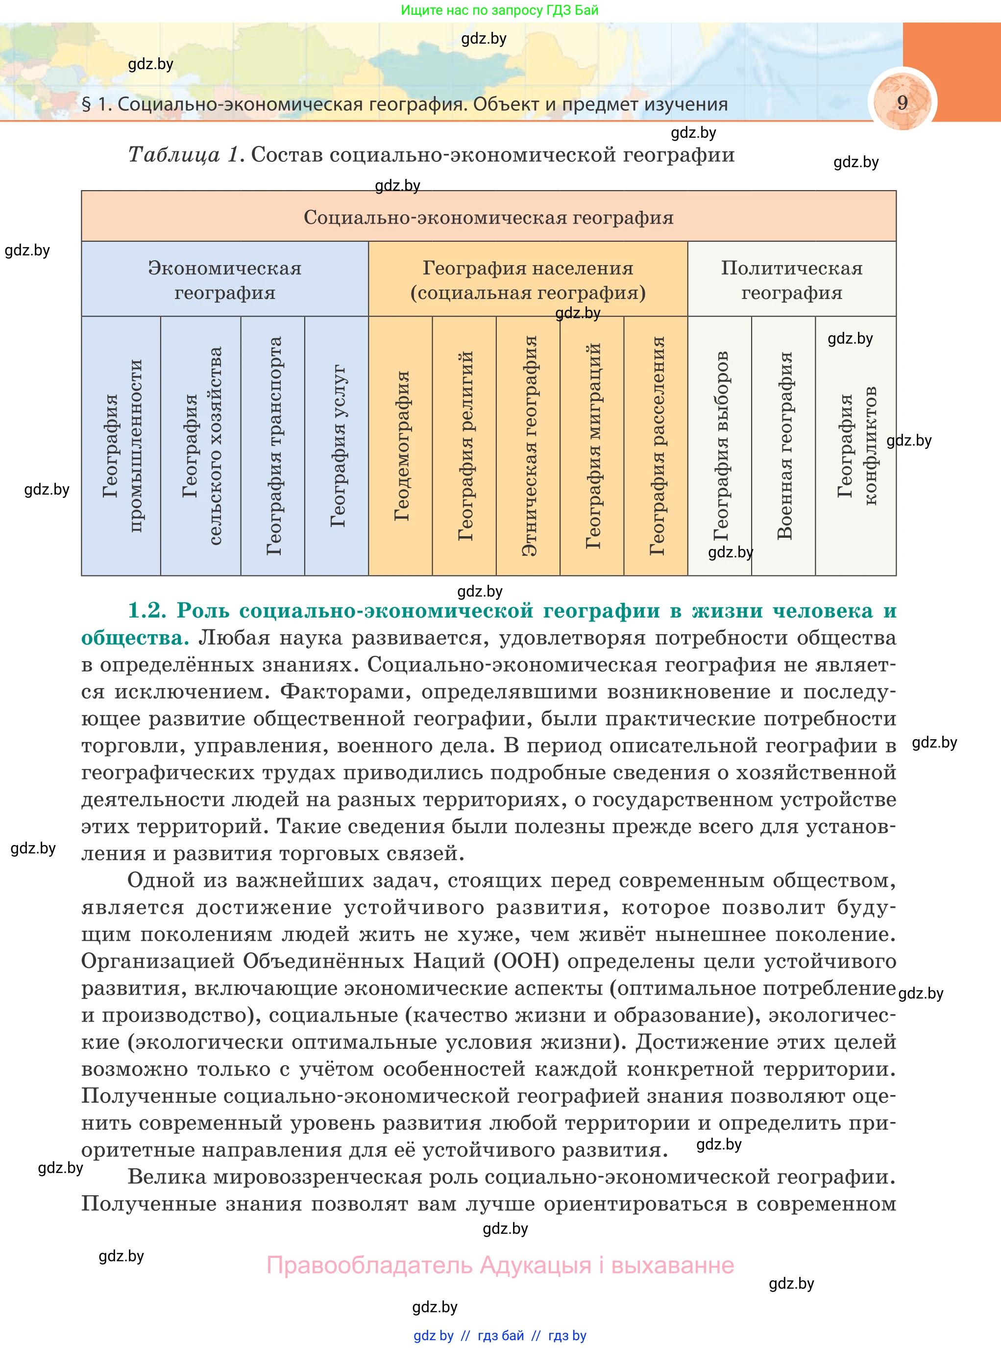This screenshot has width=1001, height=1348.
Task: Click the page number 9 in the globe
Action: click(x=902, y=102)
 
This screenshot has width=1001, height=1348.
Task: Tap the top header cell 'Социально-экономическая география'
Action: click(x=488, y=217)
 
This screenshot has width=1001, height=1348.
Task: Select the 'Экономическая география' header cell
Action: click(x=225, y=280)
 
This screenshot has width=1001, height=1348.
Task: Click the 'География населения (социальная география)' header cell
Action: click(x=528, y=280)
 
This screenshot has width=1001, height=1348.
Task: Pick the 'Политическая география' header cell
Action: click(x=791, y=280)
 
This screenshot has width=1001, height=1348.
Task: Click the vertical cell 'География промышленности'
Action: click(x=121, y=446)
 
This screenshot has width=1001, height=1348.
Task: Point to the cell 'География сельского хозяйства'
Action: click(x=201, y=446)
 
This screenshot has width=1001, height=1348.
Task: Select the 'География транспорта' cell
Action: click(x=273, y=446)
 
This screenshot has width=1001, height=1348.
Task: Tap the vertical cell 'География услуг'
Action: click(x=337, y=446)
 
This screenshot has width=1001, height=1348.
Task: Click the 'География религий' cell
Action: click(x=465, y=446)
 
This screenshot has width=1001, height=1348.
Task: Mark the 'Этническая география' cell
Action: click(x=528, y=446)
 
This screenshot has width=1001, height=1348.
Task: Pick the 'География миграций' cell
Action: click(x=592, y=446)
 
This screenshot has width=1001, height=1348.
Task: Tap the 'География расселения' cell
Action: click(x=656, y=446)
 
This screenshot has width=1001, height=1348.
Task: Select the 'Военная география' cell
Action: click(x=784, y=446)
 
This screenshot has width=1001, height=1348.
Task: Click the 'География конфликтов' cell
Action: click(x=856, y=446)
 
